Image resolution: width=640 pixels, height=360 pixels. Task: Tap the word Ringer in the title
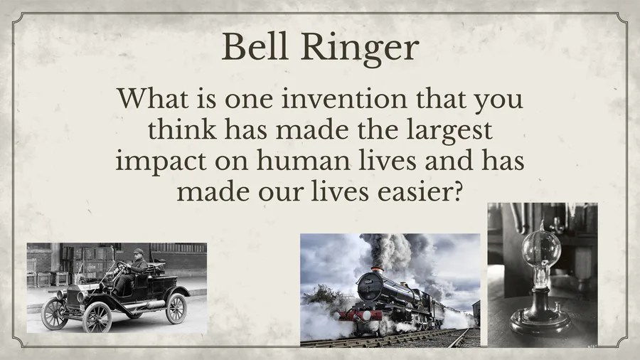[360, 48]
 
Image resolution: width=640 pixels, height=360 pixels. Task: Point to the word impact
[161, 162]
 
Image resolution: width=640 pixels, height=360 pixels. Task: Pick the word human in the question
[303, 159]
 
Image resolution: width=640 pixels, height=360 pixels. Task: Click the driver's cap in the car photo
[139, 251]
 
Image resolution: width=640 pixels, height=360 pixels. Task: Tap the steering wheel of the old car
[122, 268]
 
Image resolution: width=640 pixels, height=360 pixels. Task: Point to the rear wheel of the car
[176, 308]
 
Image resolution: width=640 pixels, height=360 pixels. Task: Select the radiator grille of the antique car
[73, 297]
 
